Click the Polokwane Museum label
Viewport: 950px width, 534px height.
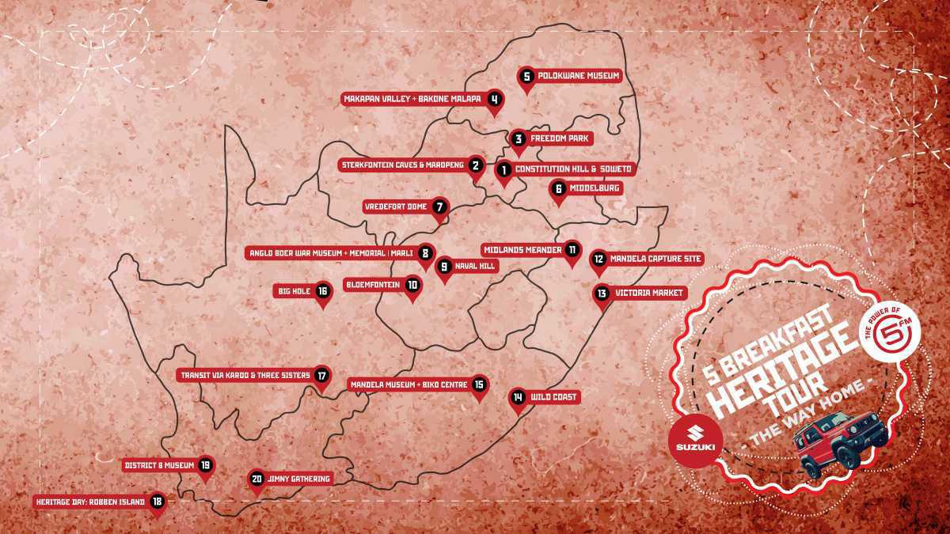(x=577, y=77)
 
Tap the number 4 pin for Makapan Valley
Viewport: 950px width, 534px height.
(x=494, y=100)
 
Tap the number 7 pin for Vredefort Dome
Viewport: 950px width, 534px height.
(x=440, y=207)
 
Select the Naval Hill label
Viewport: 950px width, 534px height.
(x=474, y=267)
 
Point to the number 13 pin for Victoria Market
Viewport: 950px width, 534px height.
(x=602, y=294)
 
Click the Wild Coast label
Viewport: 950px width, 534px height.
(x=553, y=397)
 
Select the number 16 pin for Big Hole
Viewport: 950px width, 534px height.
(x=322, y=291)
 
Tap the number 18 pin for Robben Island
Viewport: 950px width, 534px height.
(x=157, y=502)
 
